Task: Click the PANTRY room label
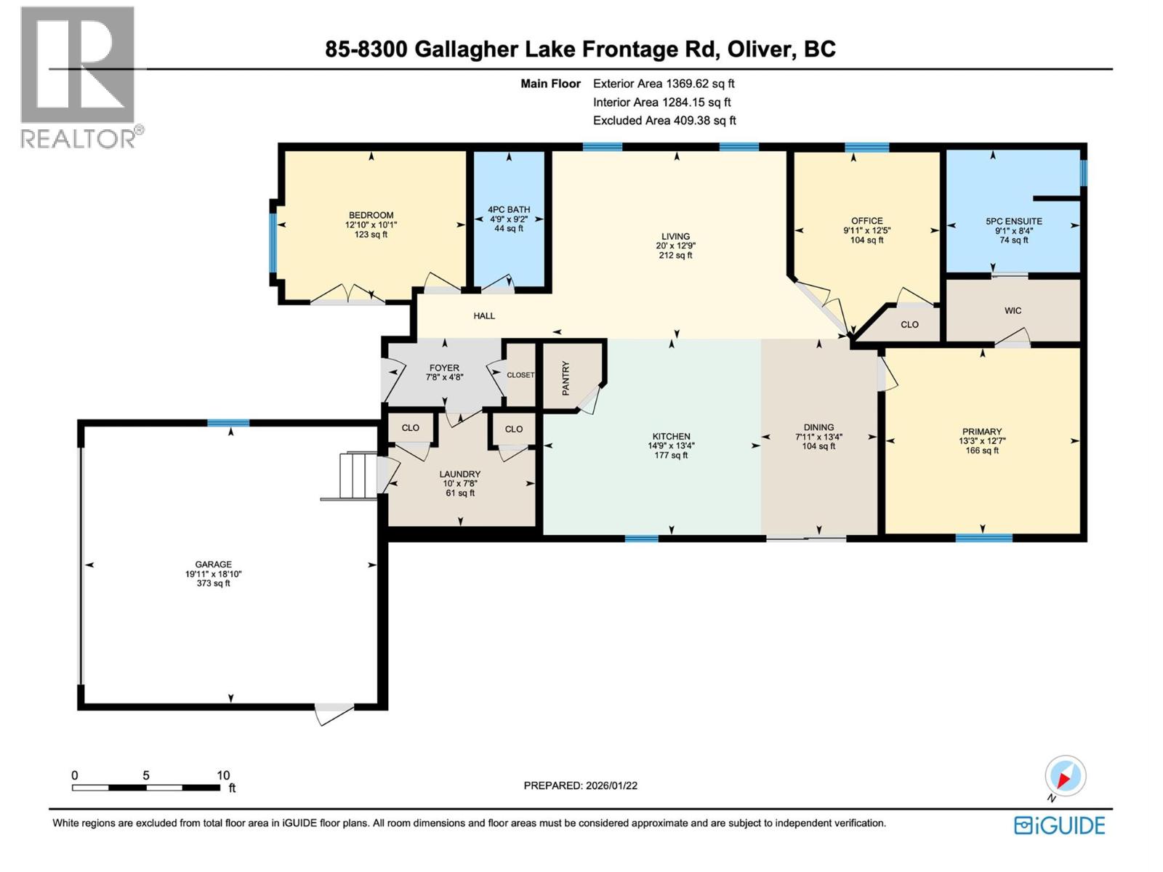tap(566, 378)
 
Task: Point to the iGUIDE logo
tap(1060, 825)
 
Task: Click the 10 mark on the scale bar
tap(222, 775)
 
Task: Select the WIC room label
tap(1013, 310)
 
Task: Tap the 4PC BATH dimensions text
tap(509, 219)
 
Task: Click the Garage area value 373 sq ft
tap(213, 583)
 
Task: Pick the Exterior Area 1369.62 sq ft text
tap(664, 84)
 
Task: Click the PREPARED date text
tap(580, 786)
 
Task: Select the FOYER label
tap(444, 368)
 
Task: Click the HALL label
tap(484, 315)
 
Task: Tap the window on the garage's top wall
tap(228, 423)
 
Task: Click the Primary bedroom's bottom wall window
tap(983, 538)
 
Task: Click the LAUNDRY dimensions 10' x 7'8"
tap(459, 483)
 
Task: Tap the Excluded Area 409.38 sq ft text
tap(664, 121)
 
